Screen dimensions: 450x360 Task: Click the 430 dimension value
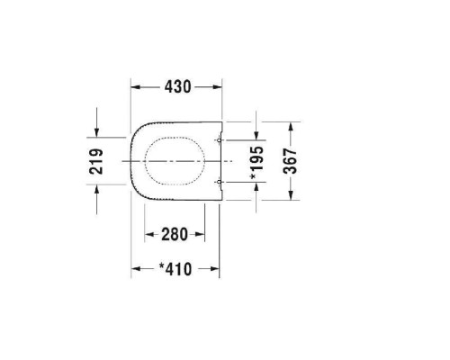[177, 86]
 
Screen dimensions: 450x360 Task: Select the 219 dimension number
[96, 161]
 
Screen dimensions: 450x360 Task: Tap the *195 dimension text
[256, 163]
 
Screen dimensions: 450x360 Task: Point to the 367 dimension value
[290, 161]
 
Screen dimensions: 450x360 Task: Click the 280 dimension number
[175, 234]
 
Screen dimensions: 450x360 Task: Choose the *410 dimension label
[175, 269]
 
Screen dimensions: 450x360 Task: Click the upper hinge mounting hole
[219, 140]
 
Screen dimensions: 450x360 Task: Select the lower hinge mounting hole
[219, 182]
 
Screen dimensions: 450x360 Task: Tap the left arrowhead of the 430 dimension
[136, 87]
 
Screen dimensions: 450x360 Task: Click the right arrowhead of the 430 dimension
[217, 87]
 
